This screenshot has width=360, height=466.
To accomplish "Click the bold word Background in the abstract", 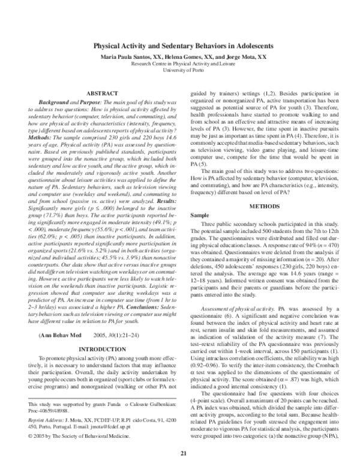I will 56,104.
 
